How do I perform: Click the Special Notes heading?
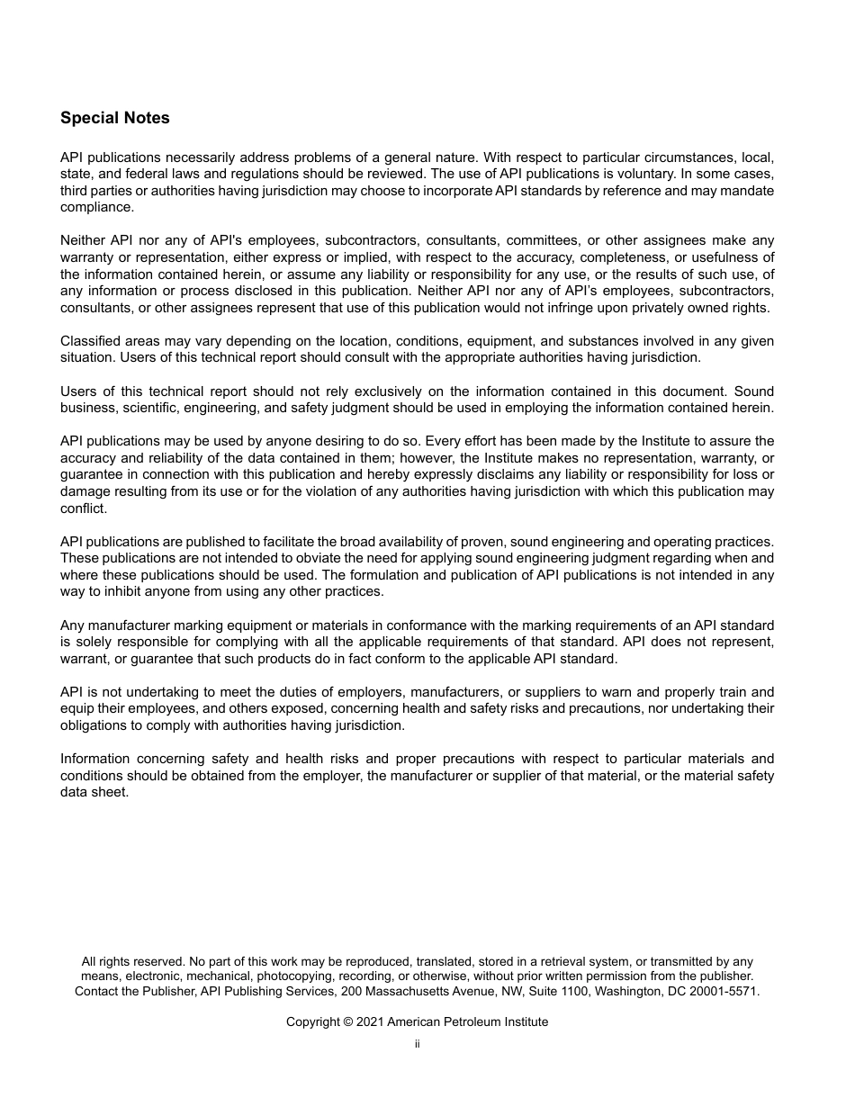[x=114, y=118]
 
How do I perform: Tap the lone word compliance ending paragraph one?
[x=96, y=207]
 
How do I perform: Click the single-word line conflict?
[x=84, y=508]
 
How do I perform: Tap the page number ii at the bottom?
[x=417, y=1045]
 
